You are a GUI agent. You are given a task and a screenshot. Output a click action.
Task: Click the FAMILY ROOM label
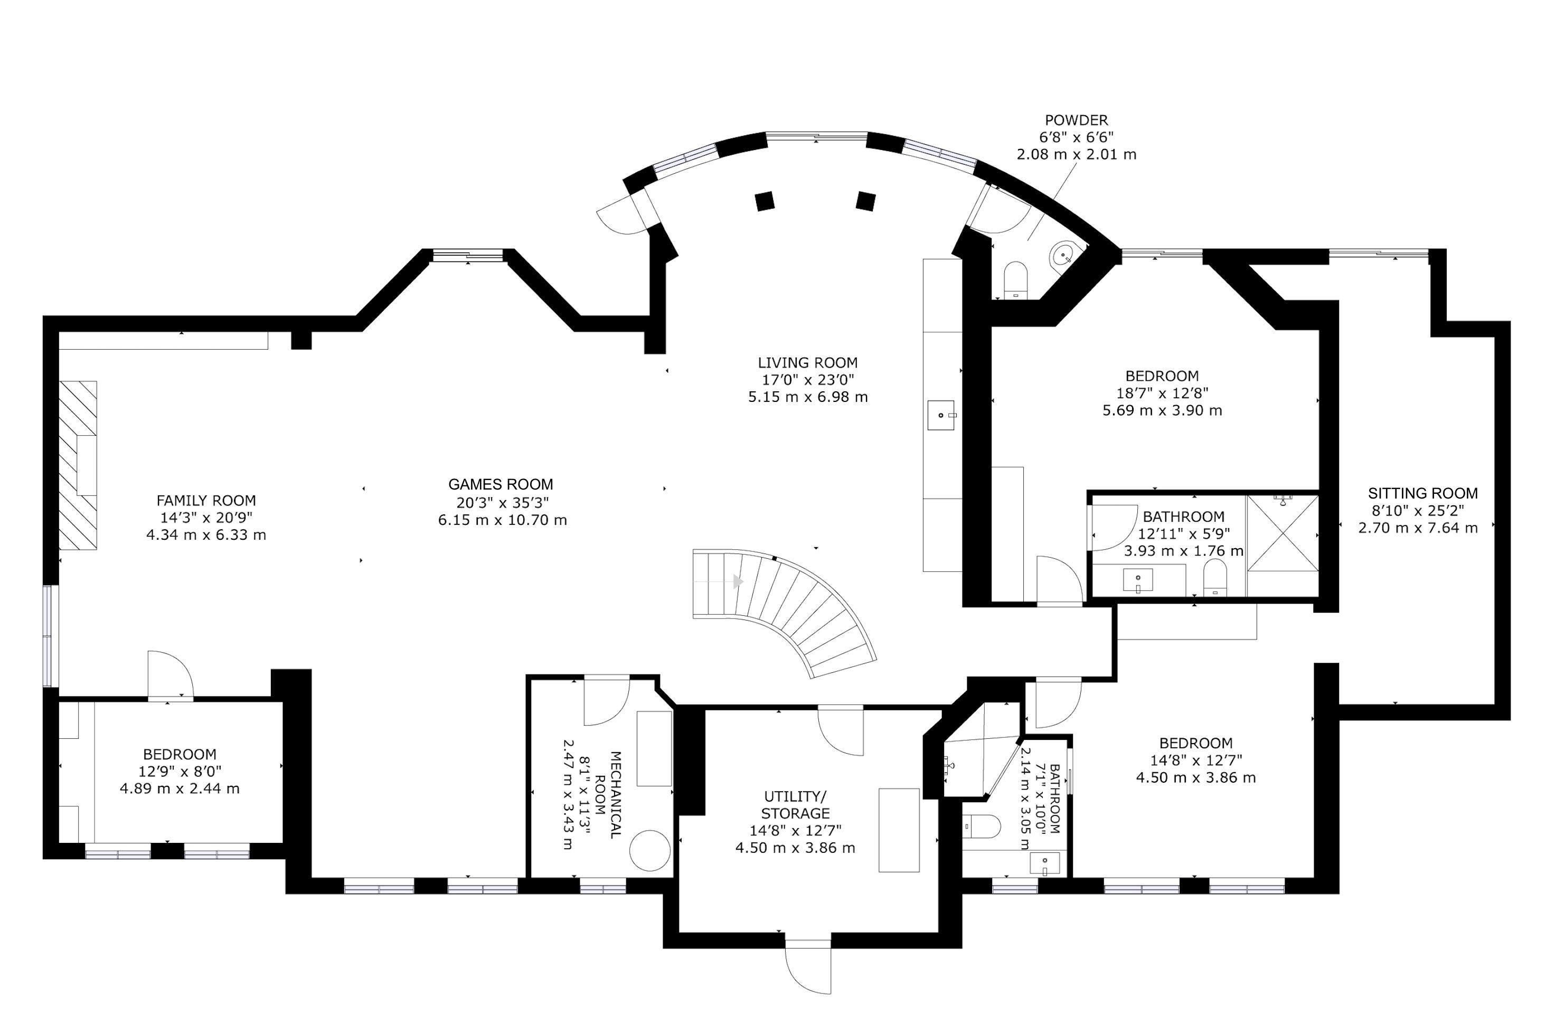pyautogui.click(x=206, y=501)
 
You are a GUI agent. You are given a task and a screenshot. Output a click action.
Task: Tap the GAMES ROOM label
pyautogui.click(x=501, y=485)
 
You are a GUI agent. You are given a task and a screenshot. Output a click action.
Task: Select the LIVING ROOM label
pyautogui.click(x=807, y=363)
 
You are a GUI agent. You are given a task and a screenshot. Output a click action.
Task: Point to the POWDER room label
pyautogui.click(x=1077, y=120)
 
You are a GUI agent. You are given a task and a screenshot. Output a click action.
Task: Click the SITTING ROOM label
pyautogui.click(x=1423, y=493)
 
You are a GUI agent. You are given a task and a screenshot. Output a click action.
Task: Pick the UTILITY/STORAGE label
pyautogui.click(x=796, y=805)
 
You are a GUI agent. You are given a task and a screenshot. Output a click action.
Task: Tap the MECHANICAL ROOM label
pyautogui.click(x=608, y=795)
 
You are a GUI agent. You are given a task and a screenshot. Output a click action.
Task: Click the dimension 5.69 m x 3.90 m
pyautogui.click(x=1162, y=411)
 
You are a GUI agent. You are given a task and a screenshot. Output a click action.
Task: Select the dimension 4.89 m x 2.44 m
pyautogui.click(x=180, y=788)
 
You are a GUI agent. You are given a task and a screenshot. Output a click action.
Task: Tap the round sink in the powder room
pyautogui.click(x=1064, y=255)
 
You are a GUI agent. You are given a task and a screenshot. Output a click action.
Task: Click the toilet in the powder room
pyautogui.click(x=1016, y=279)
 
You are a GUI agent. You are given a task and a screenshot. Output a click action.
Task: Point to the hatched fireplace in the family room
pyautogui.click(x=78, y=465)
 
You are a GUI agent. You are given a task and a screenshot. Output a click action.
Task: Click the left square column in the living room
pyautogui.click(x=764, y=201)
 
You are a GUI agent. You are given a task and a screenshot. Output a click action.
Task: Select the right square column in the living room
pyautogui.click(x=866, y=201)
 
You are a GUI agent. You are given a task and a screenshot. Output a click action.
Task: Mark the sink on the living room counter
pyautogui.click(x=941, y=415)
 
